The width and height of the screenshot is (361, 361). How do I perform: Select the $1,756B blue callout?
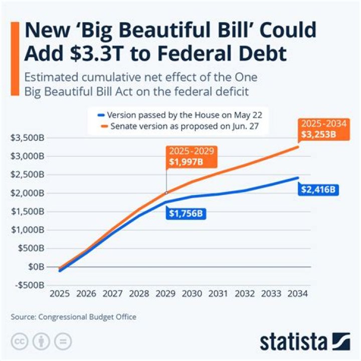(x=187, y=214)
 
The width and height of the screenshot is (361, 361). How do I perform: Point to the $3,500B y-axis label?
(x=26, y=138)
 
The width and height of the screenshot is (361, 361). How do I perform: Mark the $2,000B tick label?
(x=26, y=193)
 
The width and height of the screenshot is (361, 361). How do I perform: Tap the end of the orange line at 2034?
(x=298, y=146)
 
